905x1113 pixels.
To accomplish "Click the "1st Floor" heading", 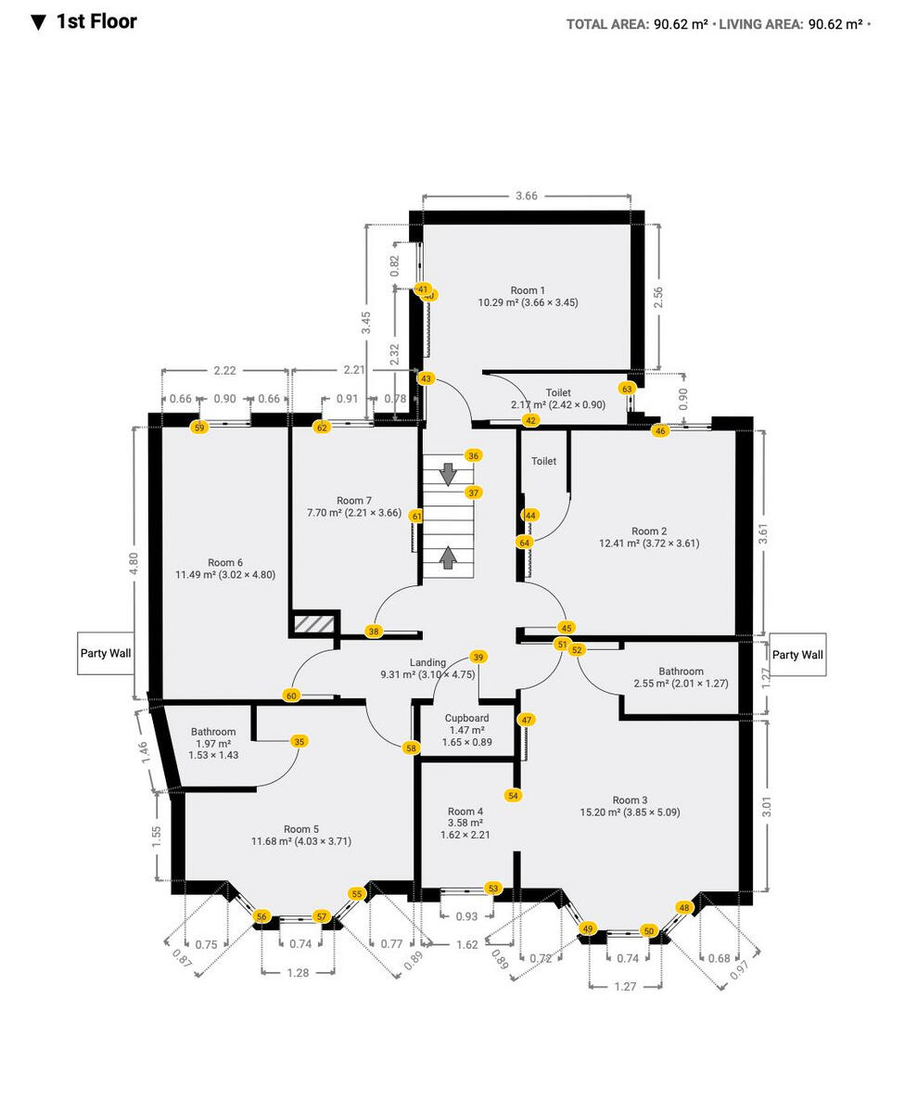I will [96, 22].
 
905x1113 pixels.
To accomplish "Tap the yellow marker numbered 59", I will [198, 428].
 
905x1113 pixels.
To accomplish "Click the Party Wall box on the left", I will [105, 654].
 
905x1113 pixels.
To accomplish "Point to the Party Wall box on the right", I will [797, 655].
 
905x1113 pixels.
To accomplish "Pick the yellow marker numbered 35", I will [299, 741].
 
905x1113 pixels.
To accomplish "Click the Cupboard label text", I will [466, 718].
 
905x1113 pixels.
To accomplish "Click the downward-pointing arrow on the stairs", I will [448, 474].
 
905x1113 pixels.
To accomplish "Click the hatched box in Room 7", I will [313, 624].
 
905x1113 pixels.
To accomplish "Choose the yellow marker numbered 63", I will [627, 389].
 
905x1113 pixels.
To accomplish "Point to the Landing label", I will [427, 662].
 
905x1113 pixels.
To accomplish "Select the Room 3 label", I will [630, 800].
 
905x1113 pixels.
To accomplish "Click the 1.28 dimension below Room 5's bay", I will [297, 973].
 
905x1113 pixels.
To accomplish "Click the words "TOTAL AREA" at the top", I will [606, 25].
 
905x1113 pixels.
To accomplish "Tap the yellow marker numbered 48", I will [684, 907].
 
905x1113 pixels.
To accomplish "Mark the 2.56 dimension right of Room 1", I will [658, 297].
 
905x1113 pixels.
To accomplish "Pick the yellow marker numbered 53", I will [493, 889].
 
